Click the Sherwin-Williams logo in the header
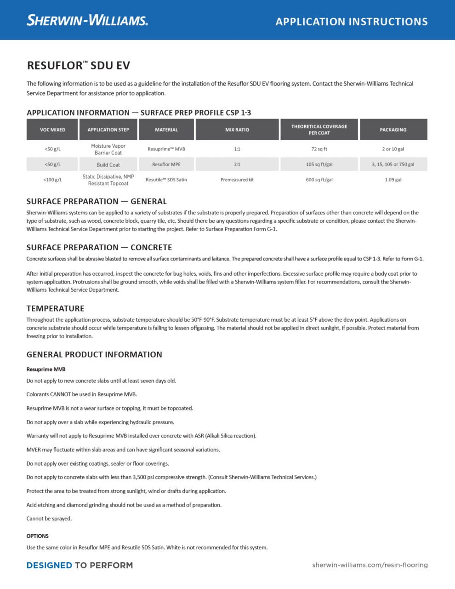(x=87, y=20)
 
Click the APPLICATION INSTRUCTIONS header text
(x=352, y=22)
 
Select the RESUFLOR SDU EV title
(x=78, y=65)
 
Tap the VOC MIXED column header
(x=52, y=130)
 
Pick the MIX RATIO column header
(x=237, y=130)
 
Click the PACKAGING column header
(x=393, y=130)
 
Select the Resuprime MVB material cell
(x=166, y=149)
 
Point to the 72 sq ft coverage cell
(x=319, y=149)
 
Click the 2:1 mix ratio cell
(x=237, y=164)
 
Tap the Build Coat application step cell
(x=108, y=165)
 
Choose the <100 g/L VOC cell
(x=52, y=180)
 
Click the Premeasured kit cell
(x=237, y=180)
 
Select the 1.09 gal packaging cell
(x=393, y=180)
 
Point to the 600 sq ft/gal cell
(x=319, y=180)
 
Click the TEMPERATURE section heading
(x=55, y=308)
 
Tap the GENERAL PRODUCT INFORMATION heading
(x=94, y=354)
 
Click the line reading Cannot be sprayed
(x=49, y=519)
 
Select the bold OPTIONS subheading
(x=37, y=536)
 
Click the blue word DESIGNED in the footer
(x=49, y=565)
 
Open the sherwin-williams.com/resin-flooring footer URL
(x=370, y=565)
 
